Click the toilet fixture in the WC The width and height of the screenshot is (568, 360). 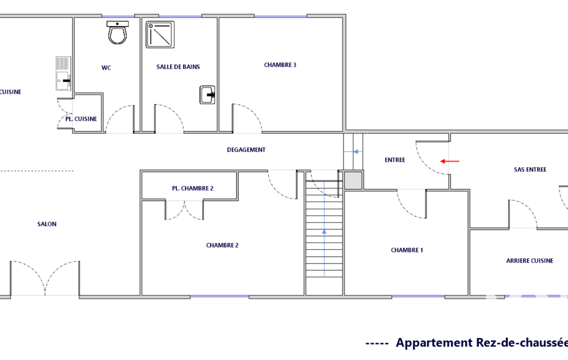pyautogui.click(x=117, y=33)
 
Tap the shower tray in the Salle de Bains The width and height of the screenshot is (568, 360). pyautogui.click(x=160, y=35)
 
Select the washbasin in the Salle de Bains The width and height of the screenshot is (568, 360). pyautogui.click(x=207, y=95)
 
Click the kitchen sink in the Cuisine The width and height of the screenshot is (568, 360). pyautogui.click(x=63, y=73)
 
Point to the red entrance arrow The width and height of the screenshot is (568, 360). pyautogui.click(x=449, y=161)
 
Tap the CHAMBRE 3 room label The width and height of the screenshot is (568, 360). pyautogui.click(x=280, y=65)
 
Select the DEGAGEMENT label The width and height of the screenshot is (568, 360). pyautogui.click(x=247, y=150)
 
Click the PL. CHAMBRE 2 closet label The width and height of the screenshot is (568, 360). pyautogui.click(x=193, y=188)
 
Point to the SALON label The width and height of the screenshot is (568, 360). pyautogui.click(x=47, y=224)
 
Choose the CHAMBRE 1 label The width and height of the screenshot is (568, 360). pyautogui.click(x=407, y=250)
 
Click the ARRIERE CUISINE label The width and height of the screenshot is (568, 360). pyautogui.click(x=530, y=260)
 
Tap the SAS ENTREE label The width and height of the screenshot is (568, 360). pyautogui.click(x=530, y=169)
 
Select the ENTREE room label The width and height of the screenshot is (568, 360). pyautogui.click(x=395, y=160)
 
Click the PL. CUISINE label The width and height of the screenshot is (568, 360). pyautogui.click(x=81, y=119)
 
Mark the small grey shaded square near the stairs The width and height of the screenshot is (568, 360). pyautogui.click(x=353, y=180)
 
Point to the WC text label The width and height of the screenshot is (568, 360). pyautogui.click(x=106, y=68)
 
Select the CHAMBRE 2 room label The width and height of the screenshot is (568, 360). pyautogui.click(x=222, y=245)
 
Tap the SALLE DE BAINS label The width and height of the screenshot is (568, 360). pyautogui.click(x=178, y=66)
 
